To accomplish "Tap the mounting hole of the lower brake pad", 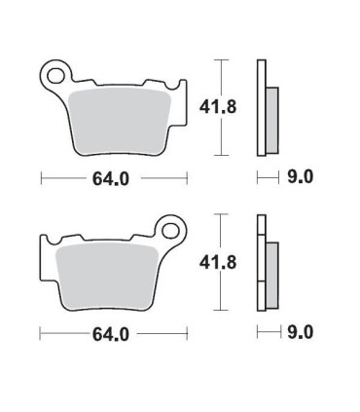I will pyautogui.click(x=172, y=232).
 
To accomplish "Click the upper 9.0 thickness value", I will pyautogui.click(x=301, y=178).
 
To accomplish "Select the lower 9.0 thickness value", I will pyautogui.click(x=301, y=333).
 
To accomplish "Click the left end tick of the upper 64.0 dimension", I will pyautogui.click(x=40, y=178).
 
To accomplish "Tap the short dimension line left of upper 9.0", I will pyautogui.click(x=269, y=178).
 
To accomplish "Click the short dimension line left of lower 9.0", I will pyautogui.click(x=269, y=333).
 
